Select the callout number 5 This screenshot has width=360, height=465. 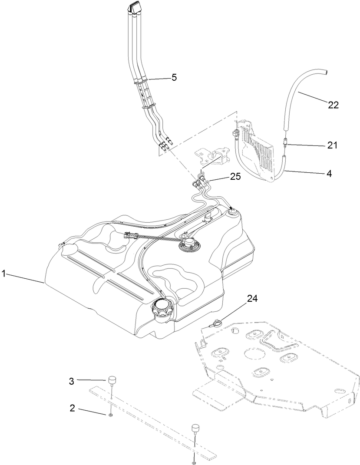point(174,77)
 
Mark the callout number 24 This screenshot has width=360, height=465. point(251,298)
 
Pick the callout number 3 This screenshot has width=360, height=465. point(72,381)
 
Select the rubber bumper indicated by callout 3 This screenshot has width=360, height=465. point(112,381)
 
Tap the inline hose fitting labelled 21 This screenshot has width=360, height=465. point(285,142)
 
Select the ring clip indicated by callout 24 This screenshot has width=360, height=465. point(217,323)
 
